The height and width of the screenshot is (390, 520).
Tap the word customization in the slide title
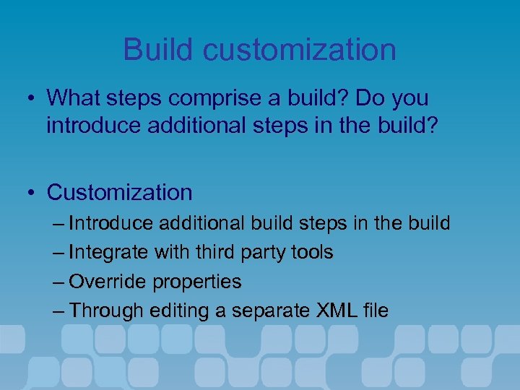point(300,50)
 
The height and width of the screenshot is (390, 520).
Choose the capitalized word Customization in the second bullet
point(119,193)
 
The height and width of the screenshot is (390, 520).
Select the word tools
point(315,253)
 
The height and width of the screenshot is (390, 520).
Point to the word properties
point(198,282)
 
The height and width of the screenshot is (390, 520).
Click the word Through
point(106,311)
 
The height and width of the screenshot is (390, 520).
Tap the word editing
point(176,311)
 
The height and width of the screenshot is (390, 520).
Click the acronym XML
point(337,311)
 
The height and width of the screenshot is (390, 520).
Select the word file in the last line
point(376,311)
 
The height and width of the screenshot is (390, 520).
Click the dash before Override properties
point(58,282)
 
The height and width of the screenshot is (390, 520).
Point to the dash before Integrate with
point(58,253)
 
